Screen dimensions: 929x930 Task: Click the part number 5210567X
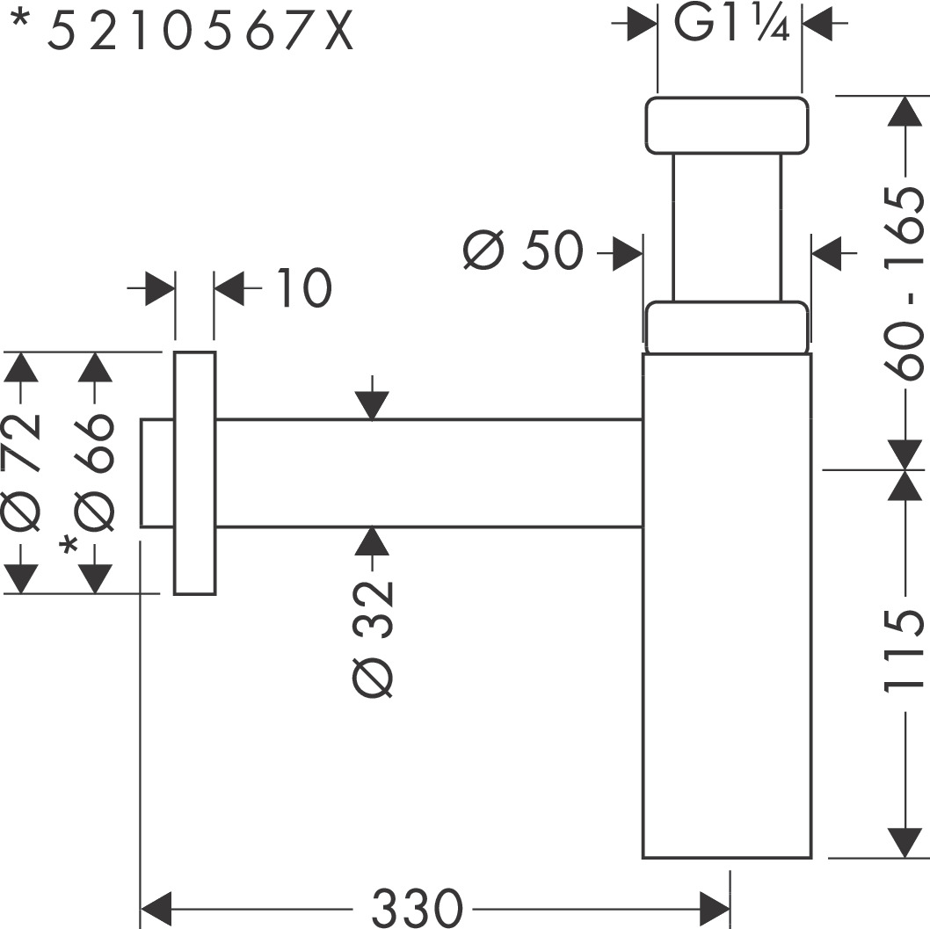[200, 33]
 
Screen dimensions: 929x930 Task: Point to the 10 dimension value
[301, 288]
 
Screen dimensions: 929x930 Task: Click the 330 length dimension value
[416, 906]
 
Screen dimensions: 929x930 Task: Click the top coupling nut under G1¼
[727, 126]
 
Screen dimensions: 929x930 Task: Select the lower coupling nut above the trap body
[726, 327]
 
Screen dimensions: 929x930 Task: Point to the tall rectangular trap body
[726, 606]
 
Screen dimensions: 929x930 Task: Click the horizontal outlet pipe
[429, 473]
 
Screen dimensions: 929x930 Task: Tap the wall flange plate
[195, 473]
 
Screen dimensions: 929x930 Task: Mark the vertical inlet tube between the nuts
[726, 229]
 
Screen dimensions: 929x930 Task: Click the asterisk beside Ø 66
[69, 549]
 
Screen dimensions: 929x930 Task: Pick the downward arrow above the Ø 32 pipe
[374, 405]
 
